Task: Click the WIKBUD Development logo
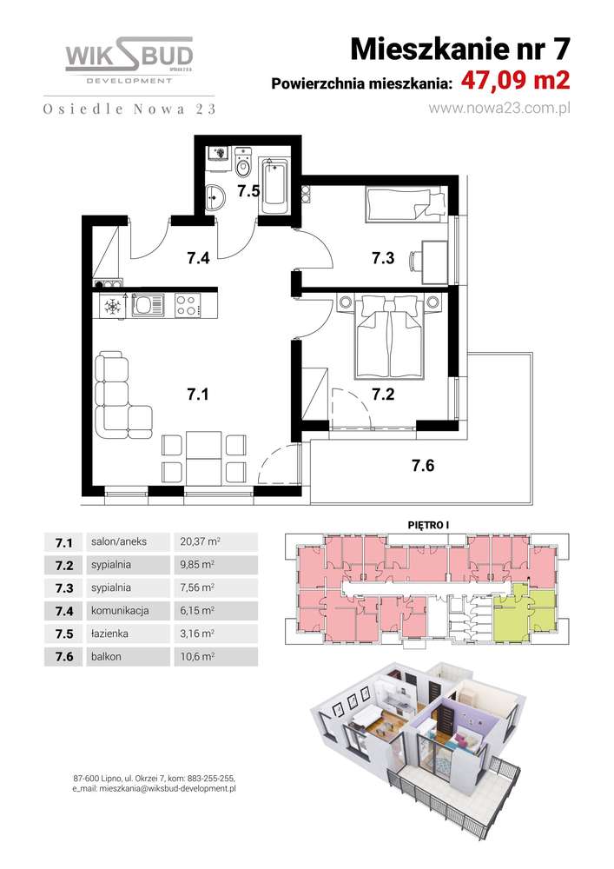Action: pos(129,60)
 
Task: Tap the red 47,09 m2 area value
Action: pos(516,81)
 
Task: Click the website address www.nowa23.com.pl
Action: pos(498,108)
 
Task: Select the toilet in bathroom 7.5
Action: pos(242,162)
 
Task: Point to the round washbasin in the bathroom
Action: pos(214,197)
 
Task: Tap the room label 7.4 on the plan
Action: pos(198,258)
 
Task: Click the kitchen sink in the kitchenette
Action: pos(149,305)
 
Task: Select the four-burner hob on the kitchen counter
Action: pos(186,305)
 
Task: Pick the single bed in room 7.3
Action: pos(406,204)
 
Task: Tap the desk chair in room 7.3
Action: pos(414,261)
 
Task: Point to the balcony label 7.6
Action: pos(423,466)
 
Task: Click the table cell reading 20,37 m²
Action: pos(197,541)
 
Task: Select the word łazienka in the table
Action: pos(109,634)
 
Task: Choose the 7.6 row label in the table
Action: pos(64,657)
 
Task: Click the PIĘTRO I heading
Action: pos(428,525)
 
